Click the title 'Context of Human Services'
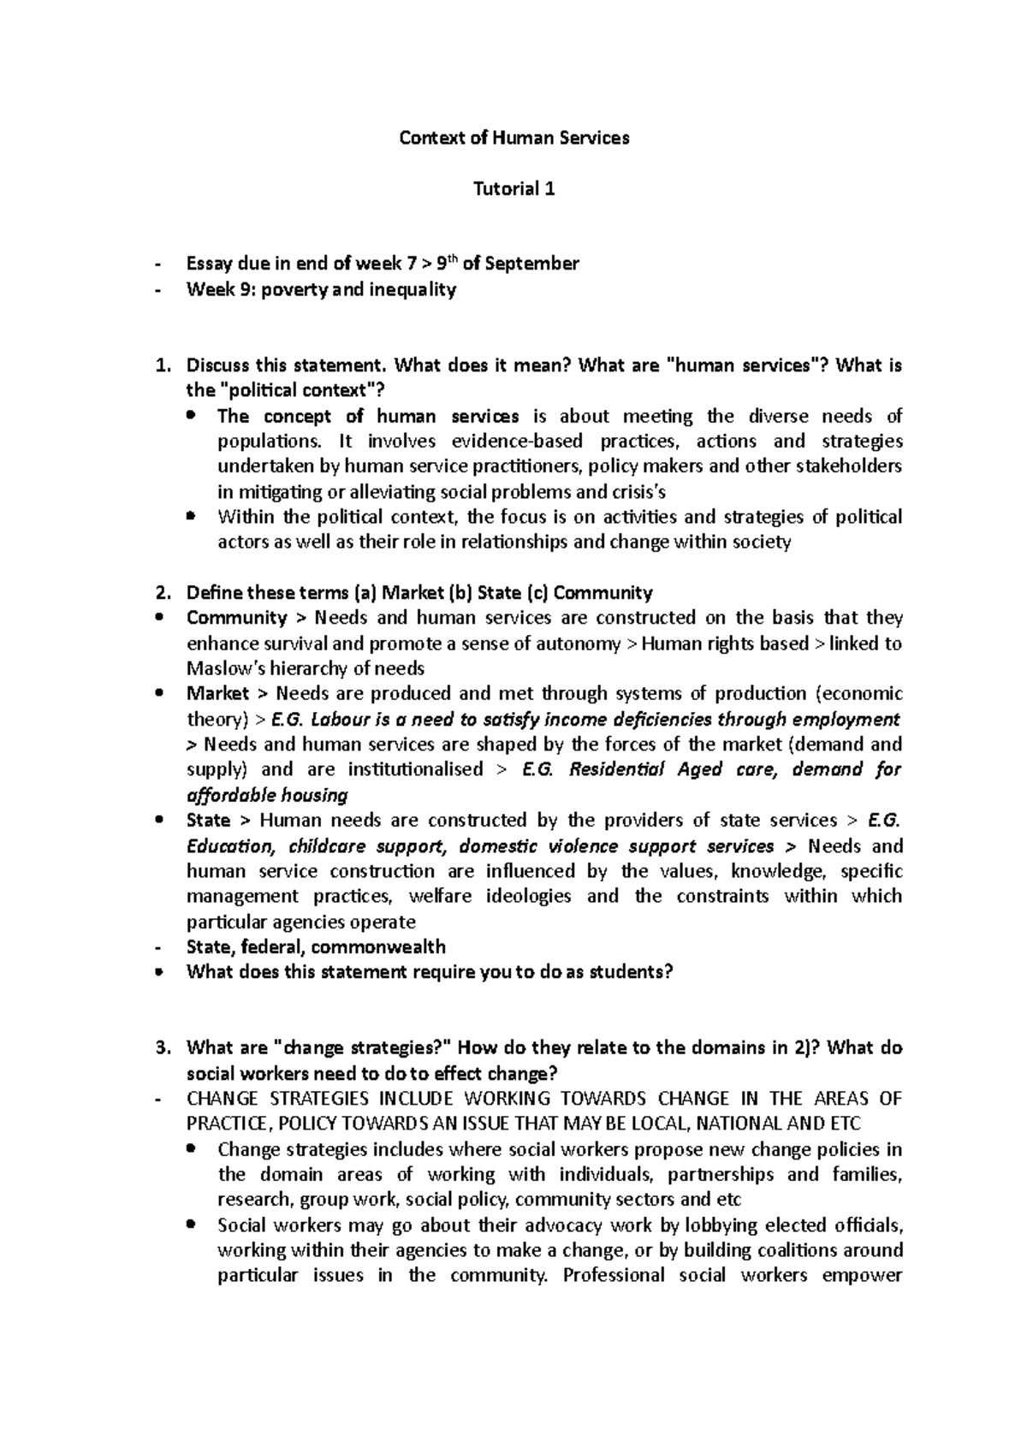click(x=513, y=138)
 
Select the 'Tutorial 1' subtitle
click(x=513, y=189)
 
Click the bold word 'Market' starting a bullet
click(x=217, y=693)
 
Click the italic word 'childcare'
click(x=329, y=846)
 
